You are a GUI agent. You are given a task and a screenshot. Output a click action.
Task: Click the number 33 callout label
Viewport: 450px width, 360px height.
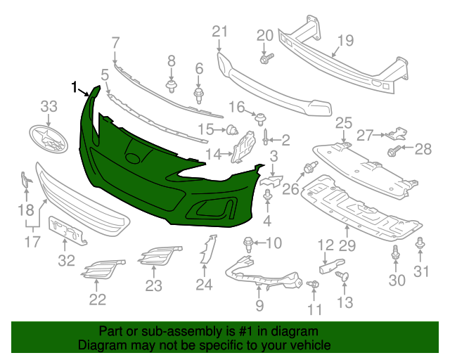click(49, 106)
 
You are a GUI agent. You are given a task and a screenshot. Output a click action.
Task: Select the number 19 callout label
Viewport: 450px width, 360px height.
click(344, 40)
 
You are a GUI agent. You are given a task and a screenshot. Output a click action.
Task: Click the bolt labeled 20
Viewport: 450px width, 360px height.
click(265, 59)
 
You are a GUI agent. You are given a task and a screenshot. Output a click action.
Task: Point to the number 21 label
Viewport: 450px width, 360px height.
click(220, 31)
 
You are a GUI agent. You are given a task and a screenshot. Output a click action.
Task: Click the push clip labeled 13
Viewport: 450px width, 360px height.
click(343, 276)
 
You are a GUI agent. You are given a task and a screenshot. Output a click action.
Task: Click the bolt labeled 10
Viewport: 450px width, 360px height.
click(248, 244)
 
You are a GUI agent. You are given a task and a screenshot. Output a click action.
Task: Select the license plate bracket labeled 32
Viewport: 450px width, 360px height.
click(68, 231)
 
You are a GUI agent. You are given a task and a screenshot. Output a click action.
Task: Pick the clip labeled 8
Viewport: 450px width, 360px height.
click(171, 86)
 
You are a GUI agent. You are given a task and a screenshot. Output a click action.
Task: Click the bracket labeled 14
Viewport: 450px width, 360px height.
click(243, 150)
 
